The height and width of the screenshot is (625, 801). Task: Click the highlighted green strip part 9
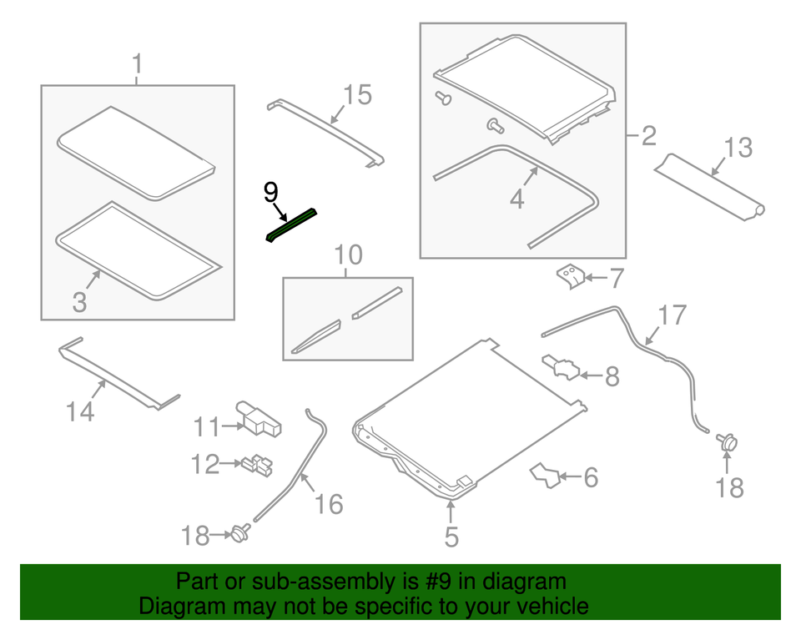291,224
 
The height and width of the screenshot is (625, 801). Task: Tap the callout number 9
270,193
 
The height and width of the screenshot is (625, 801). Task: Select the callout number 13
738,147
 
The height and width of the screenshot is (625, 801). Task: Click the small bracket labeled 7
571,276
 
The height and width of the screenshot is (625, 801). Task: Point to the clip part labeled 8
561,368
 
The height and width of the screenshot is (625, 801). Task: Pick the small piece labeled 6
546,476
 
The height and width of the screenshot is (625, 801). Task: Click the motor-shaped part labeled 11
259,419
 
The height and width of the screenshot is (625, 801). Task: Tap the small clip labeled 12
258,465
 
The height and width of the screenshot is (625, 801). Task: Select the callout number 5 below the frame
451,537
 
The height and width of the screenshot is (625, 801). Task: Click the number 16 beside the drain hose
329,504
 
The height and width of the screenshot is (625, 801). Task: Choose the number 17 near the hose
673,315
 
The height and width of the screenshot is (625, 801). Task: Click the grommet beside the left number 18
239,532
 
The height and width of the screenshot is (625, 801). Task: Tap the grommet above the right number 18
727,441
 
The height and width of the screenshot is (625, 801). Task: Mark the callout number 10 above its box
349,255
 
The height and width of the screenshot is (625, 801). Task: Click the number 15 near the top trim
357,95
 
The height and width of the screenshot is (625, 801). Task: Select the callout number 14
80,412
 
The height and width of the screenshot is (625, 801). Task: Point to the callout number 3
79,302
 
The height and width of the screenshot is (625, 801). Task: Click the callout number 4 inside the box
517,199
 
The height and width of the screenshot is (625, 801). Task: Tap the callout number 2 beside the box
648,136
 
